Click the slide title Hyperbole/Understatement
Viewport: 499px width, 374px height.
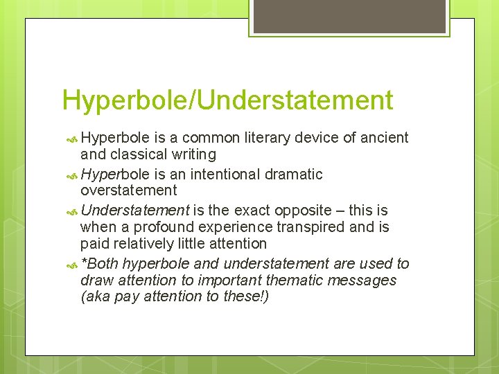[227, 100]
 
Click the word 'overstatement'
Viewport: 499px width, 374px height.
[128, 190]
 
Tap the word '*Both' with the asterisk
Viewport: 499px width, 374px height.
[99, 264]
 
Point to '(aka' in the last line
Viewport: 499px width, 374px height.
[96, 297]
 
